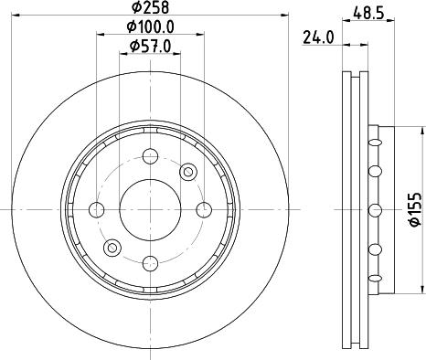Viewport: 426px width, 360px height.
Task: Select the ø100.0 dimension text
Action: click(x=152, y=28)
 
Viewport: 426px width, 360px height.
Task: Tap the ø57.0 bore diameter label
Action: click(x=152, y=46)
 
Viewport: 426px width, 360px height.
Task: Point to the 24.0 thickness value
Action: click(x=316, y=37)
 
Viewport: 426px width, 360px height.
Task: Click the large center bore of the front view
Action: click(x=151, y=209)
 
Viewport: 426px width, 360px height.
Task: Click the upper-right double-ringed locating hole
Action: click(x=187, y=171)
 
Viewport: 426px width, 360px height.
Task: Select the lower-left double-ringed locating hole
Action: click(x=113, y=247)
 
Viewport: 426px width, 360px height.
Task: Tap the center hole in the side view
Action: click(x=373, y=209)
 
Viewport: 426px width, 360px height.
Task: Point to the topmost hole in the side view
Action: click(x=373, y=143)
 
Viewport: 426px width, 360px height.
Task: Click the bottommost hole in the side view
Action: click(x=373, y=276)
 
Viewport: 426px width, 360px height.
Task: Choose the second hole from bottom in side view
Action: click(x=373, y=248)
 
